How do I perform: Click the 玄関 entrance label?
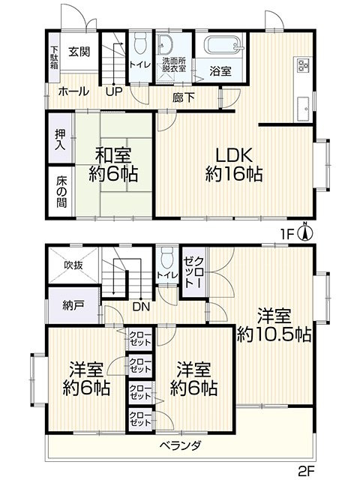click(x=79, y=52)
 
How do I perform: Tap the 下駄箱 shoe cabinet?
click(x=54, y=57)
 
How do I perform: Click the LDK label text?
click(x=234, y=155)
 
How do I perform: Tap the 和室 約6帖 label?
click(x=113, y=164)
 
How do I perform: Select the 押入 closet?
click(x=61, y=138)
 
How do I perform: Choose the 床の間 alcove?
click(x=61, y=192)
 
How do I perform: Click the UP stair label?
click(x=114, y=91)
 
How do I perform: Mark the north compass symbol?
click(x=305, y=232)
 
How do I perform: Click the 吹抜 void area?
click(x=73, y=265)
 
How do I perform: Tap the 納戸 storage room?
click(x=73, y=305)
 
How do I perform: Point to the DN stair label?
click(x=141, y=307)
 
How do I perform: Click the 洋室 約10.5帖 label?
click(x=274, y=325)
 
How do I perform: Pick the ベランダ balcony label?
click(x=181, y=445)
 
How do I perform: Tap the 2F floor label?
click(x=307, y=469)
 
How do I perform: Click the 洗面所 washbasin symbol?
click(x=165, y=45)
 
